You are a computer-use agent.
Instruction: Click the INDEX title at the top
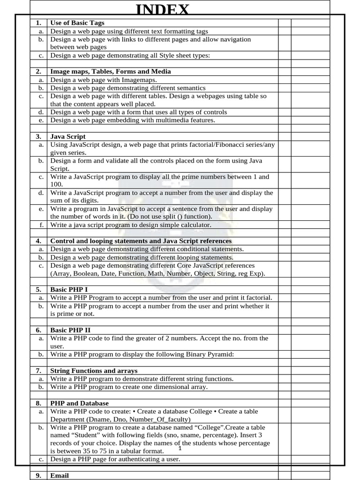163,9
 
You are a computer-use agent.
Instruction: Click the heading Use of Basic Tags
77,22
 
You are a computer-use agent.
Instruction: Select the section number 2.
38,71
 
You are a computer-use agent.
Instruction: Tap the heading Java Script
68,136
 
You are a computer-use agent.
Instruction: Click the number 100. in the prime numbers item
56,185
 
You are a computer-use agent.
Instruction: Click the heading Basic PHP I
69,290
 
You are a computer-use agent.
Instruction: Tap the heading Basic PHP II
70,330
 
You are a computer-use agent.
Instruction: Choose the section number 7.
38,371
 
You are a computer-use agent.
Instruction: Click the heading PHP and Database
79,403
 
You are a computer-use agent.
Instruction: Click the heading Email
60,475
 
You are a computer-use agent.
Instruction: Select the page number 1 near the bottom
180,449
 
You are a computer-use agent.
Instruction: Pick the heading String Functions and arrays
94,371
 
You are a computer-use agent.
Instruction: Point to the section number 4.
38,241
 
